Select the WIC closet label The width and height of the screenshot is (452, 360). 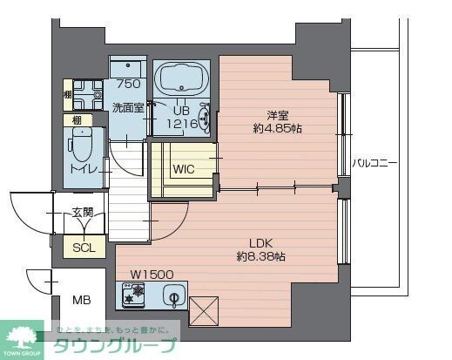click(x=184, y=169)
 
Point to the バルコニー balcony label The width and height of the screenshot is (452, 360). click(x=374, y=163)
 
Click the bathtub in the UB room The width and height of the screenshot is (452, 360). click(x=180, y=81)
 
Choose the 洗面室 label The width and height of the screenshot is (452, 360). click(x=128, y=109)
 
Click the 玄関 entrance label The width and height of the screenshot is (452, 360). click(x=83, y=213)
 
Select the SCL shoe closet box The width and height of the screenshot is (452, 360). click(x=84, y=247)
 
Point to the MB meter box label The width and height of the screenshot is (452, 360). click(x=82, y=301)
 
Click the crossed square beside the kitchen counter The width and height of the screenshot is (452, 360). click(x=202, y=310)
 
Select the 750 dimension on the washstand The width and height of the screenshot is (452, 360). click(x=128, y=85)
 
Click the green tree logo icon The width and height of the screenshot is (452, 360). click(x=23, y=336)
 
